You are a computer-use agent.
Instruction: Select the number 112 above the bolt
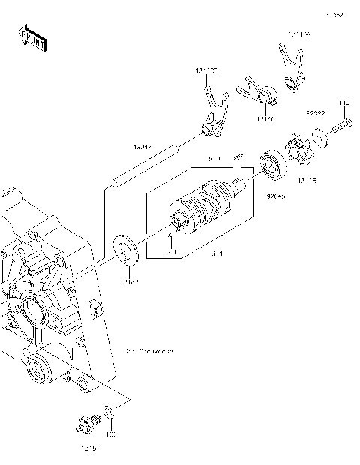344,103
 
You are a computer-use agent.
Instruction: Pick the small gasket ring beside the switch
109,413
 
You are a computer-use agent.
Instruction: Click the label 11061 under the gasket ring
110,434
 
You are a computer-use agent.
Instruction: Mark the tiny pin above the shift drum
237,157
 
